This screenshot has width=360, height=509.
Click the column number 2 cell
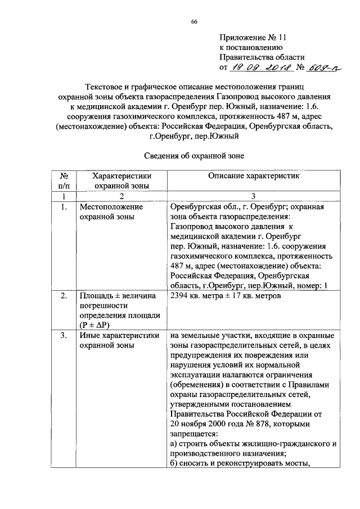pyautogui.click(x=121, y=196)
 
